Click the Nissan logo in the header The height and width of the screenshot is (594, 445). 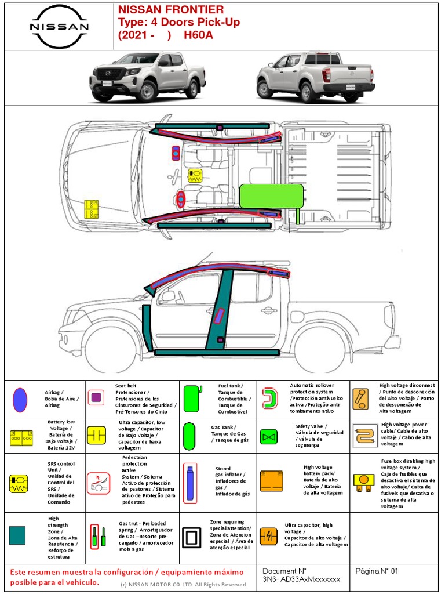(x=59, y=26)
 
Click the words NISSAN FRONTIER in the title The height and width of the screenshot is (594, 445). (x=171, y=10)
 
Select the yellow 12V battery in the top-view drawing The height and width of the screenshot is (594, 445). (x=92, y=209)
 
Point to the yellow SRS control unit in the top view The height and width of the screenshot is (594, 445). (x=195, y=175)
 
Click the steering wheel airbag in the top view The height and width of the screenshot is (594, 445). (x=181, y=200)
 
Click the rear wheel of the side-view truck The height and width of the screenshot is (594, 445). (x=320, y=350)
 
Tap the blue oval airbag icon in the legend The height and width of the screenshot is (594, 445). (x=20, y=399)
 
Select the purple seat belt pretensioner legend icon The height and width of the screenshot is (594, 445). (x=97, y=397)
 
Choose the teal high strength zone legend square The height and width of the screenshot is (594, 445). (x=17, y=535)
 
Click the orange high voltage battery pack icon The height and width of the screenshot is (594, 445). (x=272, y=481)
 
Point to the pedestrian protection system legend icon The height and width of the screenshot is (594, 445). (x=98, y=483)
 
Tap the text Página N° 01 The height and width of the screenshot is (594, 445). (x=377, y=571)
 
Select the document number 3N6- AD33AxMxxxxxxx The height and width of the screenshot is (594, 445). (x=301, y=579)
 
